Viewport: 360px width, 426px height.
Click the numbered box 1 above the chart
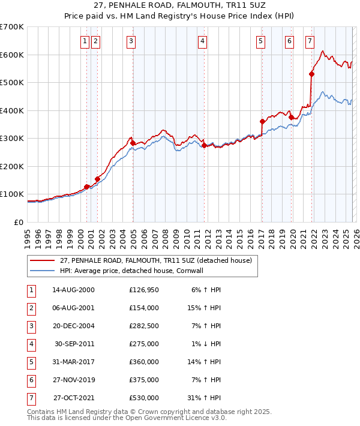pos(85,41)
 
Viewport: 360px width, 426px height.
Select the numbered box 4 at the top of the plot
pos(203,41)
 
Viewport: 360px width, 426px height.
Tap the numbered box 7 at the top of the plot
pos(310,41)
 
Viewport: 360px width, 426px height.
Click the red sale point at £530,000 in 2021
pos(311,74)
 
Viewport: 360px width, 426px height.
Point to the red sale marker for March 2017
pos(262,122)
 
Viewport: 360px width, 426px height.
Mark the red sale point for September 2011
pos(204,145)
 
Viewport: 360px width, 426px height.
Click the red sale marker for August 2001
pos(97,179)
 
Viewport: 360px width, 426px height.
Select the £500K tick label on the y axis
pos(12,83)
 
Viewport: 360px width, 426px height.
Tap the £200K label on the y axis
pos(12,166)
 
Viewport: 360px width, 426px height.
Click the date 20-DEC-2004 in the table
pos(73,326)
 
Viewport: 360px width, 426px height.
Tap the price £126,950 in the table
pos(143,290)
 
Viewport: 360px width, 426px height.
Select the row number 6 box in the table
pos(31,380)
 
